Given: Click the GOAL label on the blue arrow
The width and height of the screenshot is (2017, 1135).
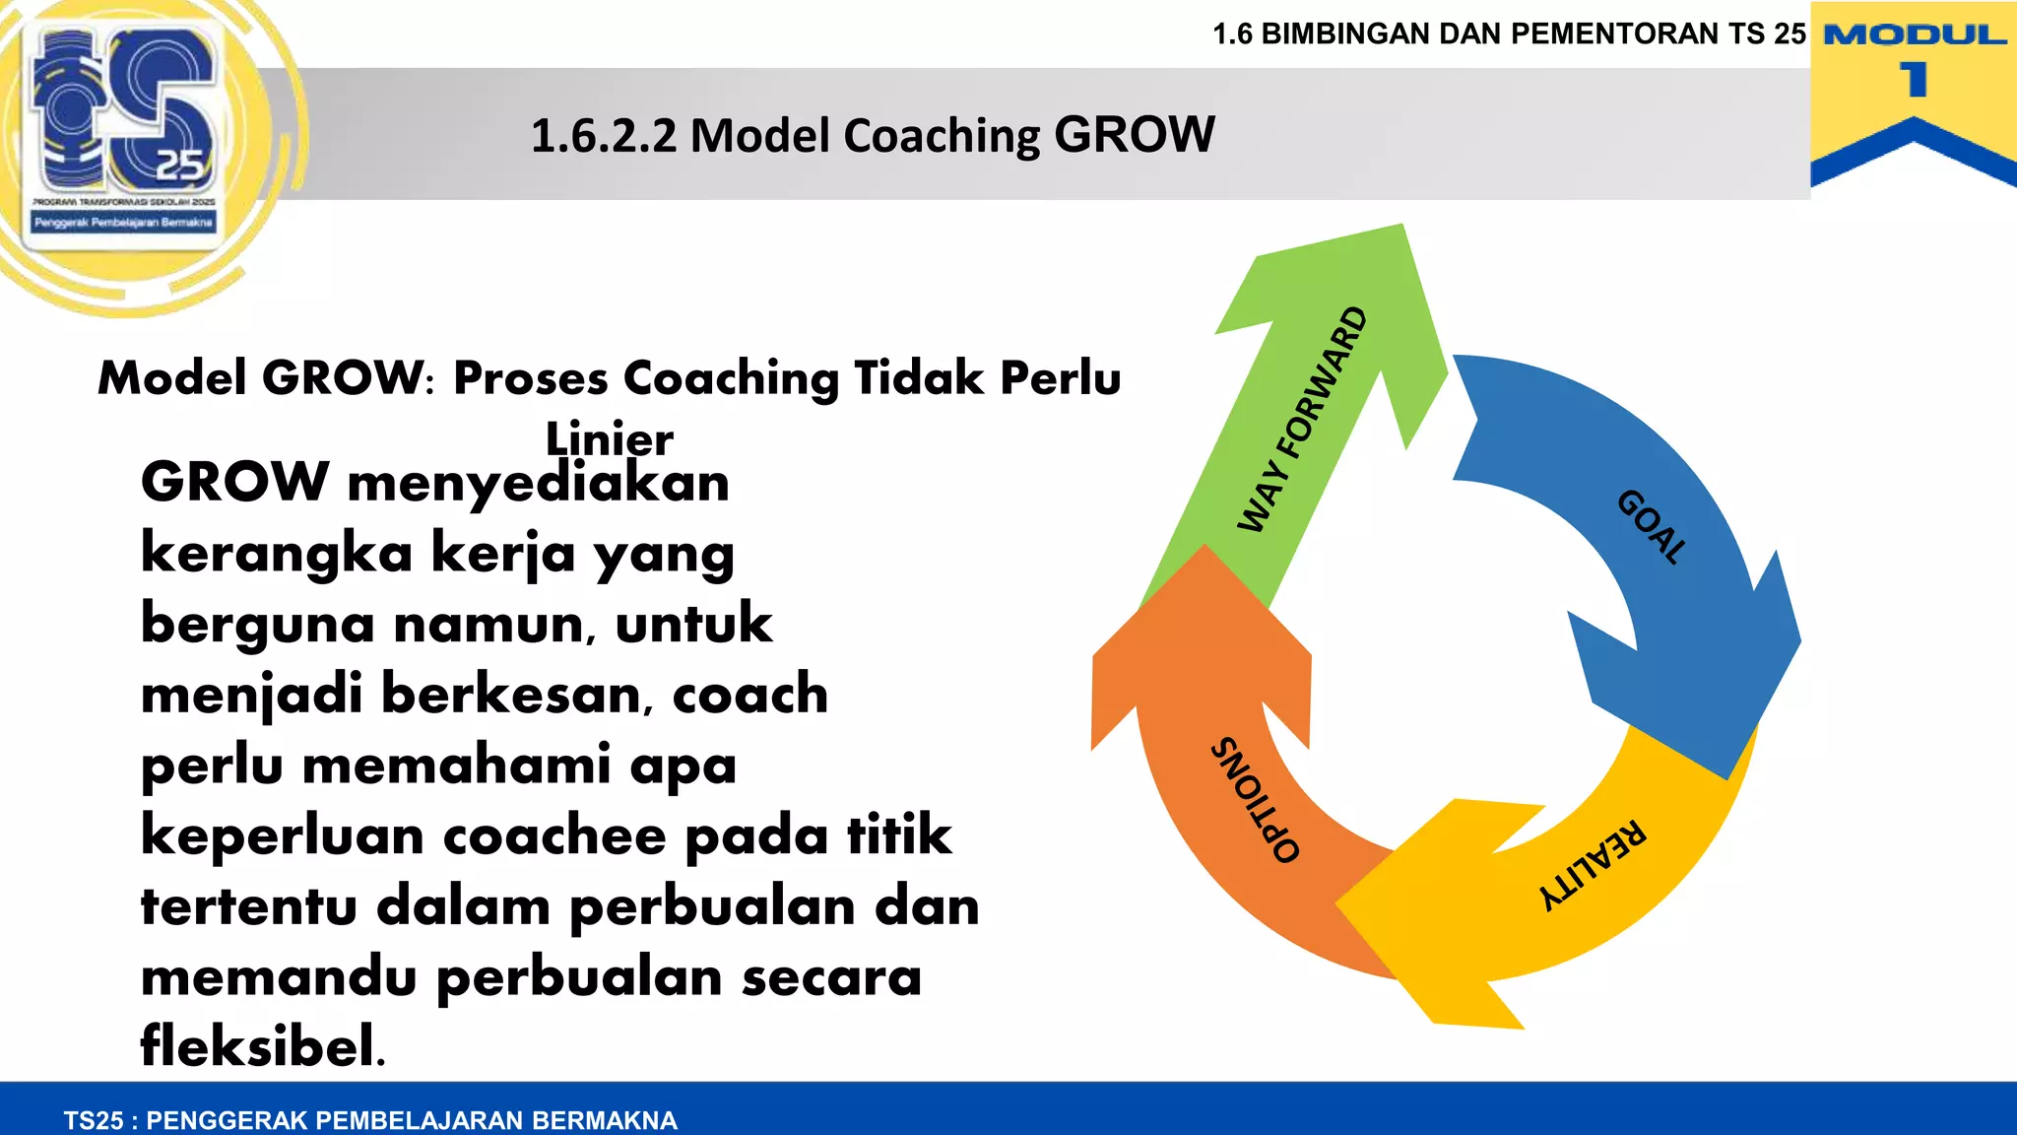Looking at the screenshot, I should tap(1652, 527).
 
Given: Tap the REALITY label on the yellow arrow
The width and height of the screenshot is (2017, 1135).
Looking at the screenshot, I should tap(1592, 865).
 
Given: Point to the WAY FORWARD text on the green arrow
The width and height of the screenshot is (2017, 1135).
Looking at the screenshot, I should tap(1302, 420).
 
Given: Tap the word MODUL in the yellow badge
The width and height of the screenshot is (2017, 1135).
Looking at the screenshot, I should tap(1915, 35).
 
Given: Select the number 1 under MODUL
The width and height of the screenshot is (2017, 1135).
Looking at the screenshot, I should tap(1914, 80).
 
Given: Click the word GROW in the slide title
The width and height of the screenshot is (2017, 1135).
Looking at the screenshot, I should tap(1135, 134).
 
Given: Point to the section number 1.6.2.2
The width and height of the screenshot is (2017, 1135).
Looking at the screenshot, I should tap(604, 136).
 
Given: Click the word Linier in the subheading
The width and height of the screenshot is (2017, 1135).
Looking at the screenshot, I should tap(609, 438).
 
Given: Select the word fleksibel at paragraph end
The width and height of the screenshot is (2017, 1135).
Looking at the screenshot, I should tap(262, 1045).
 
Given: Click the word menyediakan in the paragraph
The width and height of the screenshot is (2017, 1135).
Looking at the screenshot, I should tap(538, 483).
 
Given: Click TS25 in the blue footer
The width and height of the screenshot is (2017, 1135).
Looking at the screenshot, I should tap(94, 1120).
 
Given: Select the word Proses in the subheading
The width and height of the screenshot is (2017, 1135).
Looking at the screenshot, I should tap(530, 377).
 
